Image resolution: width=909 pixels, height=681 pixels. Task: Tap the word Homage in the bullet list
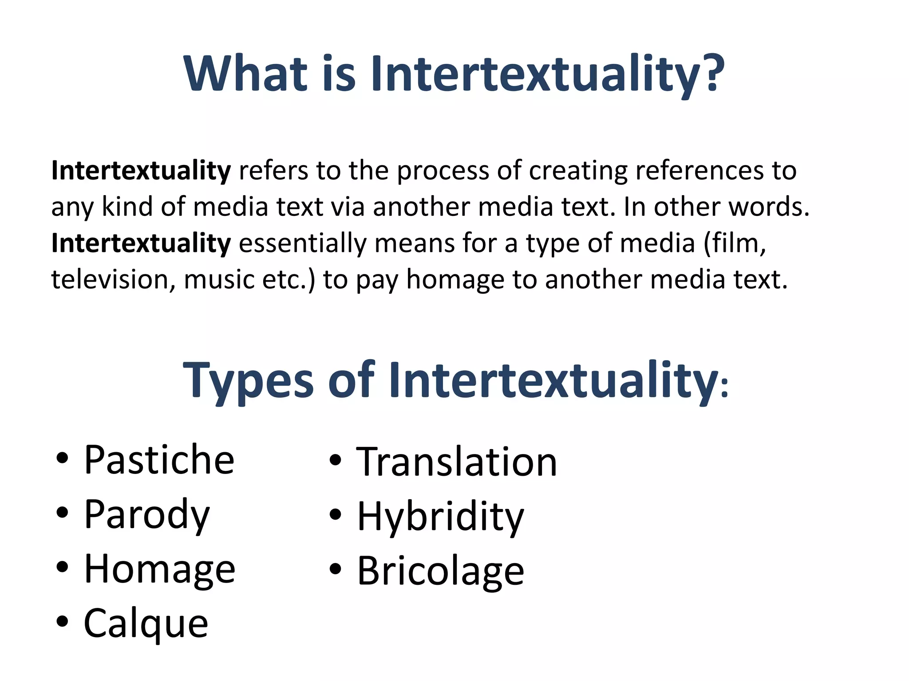point(159,569)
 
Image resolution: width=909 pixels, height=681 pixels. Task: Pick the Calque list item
point(146,623)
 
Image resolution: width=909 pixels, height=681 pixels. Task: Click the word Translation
point(456,462)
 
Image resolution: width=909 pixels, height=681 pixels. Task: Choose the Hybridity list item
point(440,517)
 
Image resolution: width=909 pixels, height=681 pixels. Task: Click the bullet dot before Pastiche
point(63,459)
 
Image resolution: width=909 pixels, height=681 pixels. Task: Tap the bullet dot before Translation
point(336,461)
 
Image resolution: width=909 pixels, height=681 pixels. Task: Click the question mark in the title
point(713,73)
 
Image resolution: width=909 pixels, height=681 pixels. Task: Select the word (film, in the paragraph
point(735,243)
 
